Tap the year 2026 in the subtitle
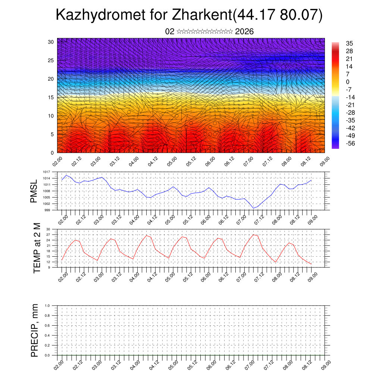pyautogui.click(x=244, y=32)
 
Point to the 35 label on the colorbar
pyautogui.click(x=350, y=43)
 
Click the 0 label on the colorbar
pyautogui.click(x=348, y=82)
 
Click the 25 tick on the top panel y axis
pyautogui.click(x=51, y=60)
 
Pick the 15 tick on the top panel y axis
pyautogui.click(x=51, y=97)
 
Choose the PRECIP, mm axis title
pyautogui.click(x=35, y=330)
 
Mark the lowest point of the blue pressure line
pyautogui.click(x=253, y=208)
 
